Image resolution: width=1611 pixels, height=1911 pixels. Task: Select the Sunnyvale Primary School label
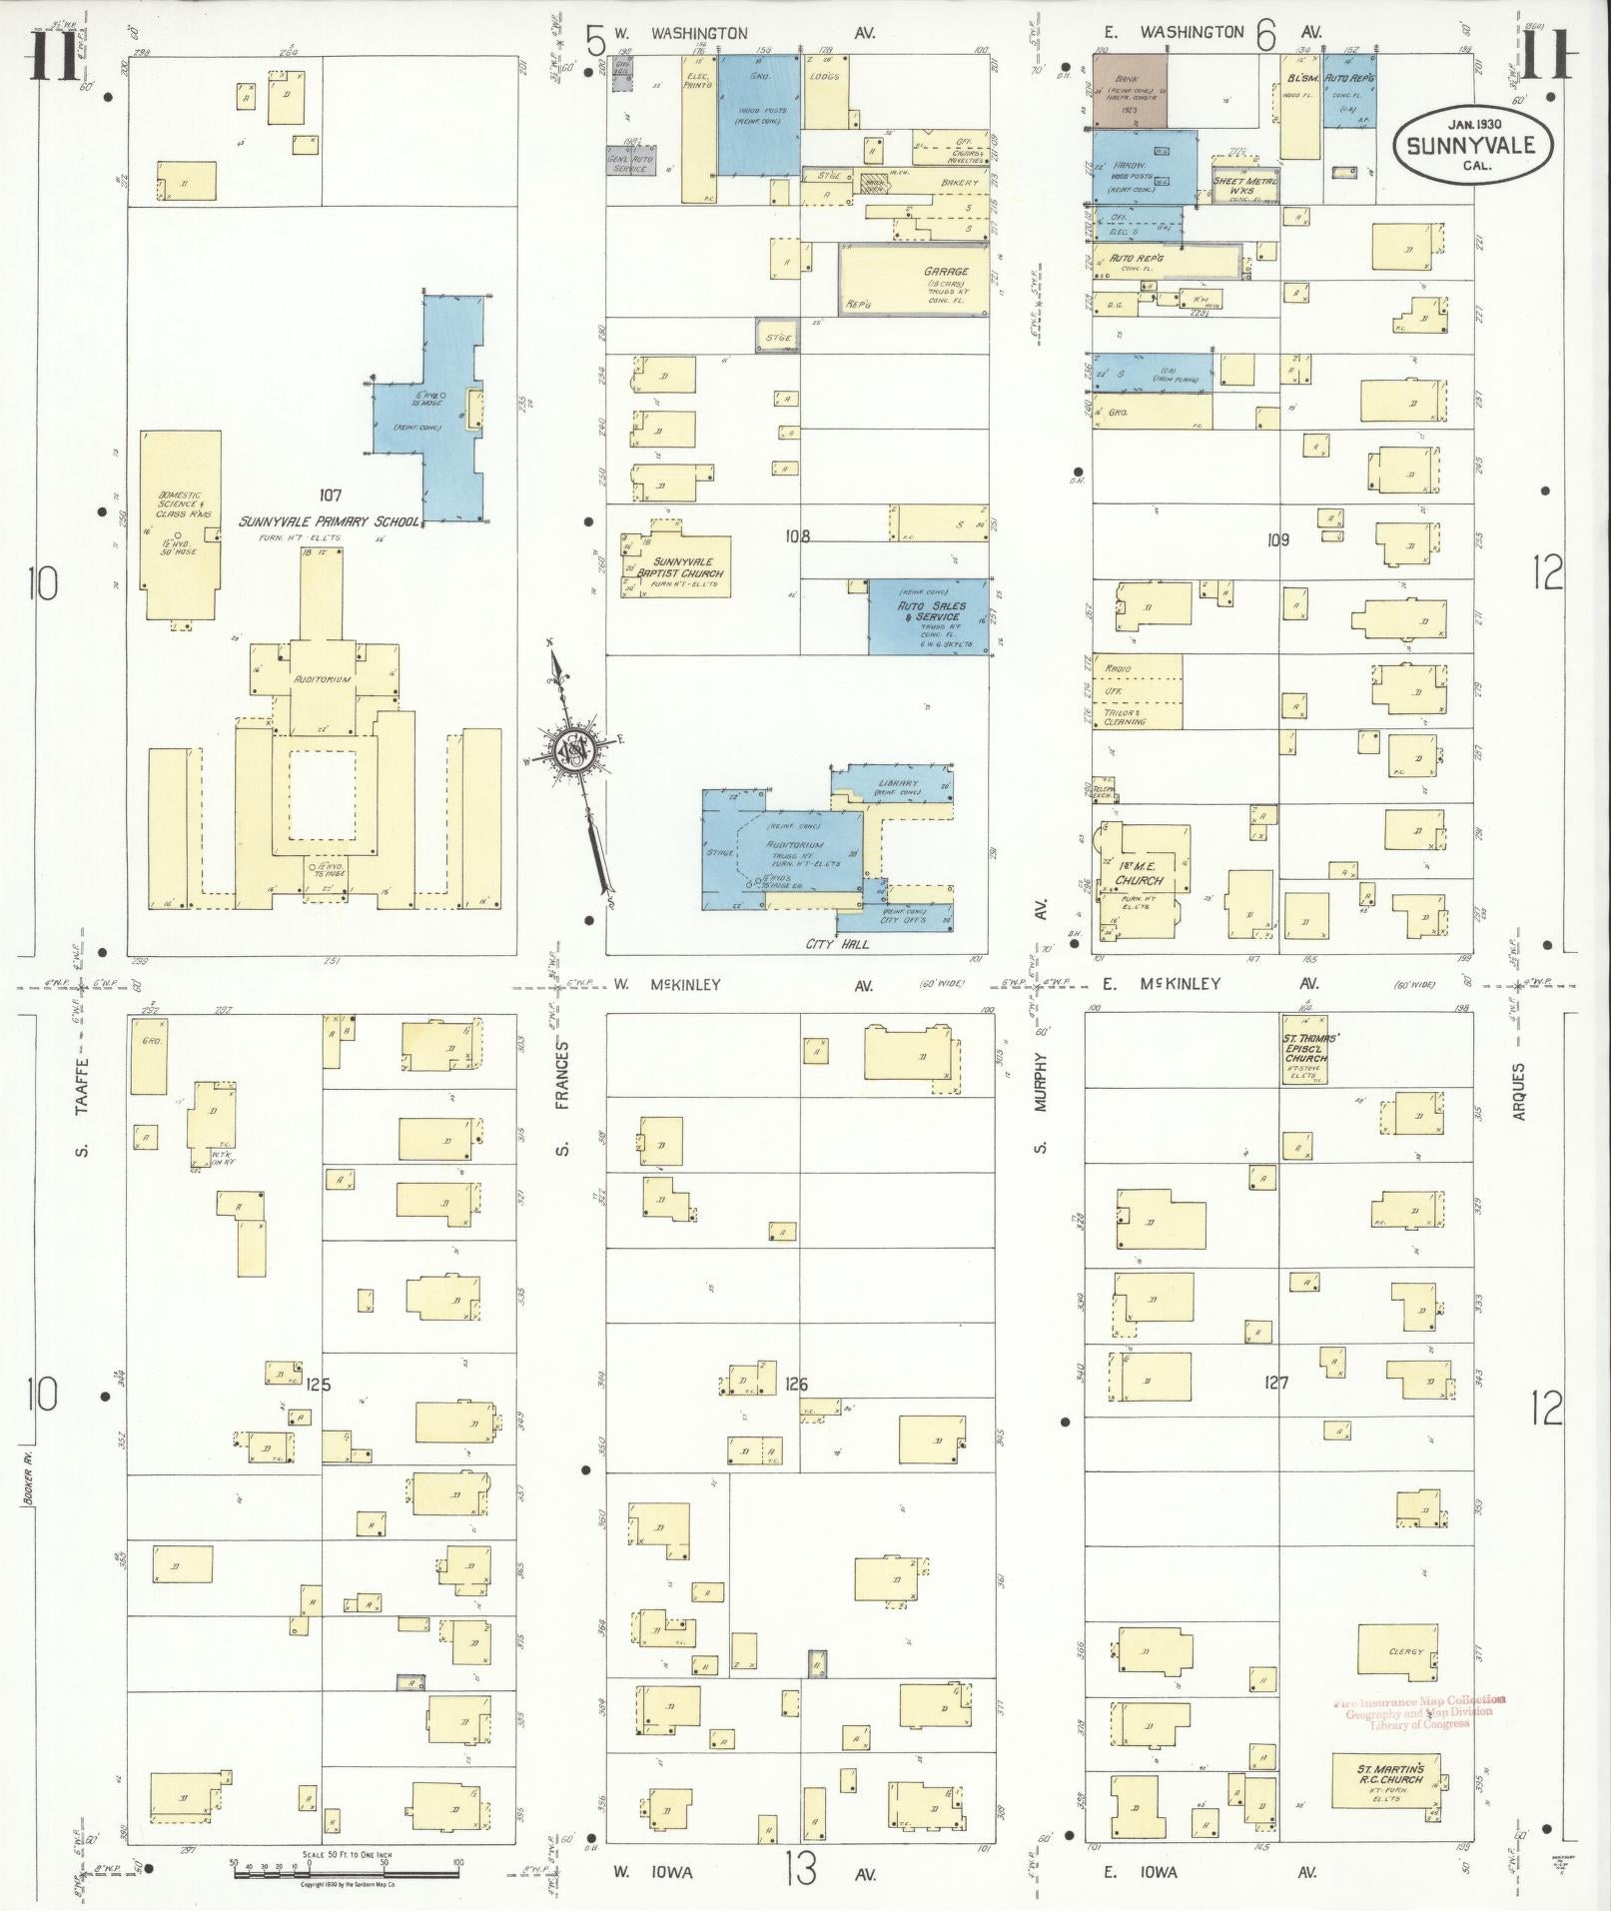click(328, 521)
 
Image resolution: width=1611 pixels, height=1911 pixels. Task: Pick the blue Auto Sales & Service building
click(928, 616)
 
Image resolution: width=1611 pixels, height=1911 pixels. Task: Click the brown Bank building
click(1129, 91)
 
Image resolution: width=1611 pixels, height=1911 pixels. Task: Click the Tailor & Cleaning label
click(1124, 716)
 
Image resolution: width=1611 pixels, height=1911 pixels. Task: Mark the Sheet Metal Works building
click(1244, 183)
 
